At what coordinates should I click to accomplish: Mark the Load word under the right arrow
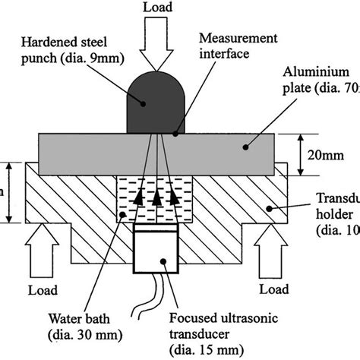pos(273,289)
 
